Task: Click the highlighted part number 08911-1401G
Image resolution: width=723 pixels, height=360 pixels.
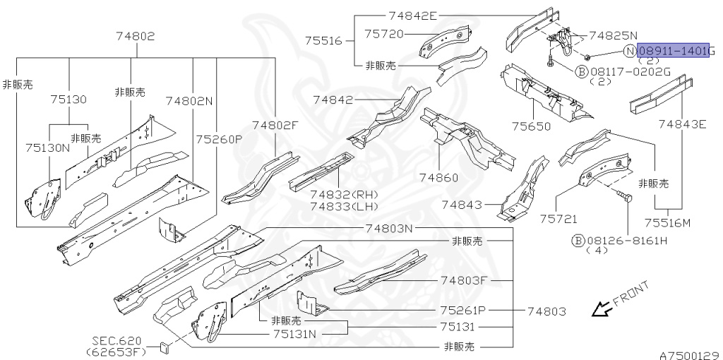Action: click(x=674, y=52)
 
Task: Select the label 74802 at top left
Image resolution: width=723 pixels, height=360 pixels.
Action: click(x=131, y=37)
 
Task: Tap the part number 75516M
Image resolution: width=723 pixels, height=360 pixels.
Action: click(x=667, y=224)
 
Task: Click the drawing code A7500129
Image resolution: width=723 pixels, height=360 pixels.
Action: click(x=689, y=354)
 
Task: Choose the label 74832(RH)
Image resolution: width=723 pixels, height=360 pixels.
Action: click(x=344, y=194)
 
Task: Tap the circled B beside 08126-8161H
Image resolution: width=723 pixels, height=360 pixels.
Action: click(x=578, y=240)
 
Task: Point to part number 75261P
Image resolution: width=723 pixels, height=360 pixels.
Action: click(x=464, y=310)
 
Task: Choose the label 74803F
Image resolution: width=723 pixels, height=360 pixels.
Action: click(x=463, y=280)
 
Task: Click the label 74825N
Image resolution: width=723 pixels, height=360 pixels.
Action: click(x=613, y=35)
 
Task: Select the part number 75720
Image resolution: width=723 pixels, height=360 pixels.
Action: click(x=383, y=33)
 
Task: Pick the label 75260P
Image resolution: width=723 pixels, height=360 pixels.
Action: click(x=219, y=138)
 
